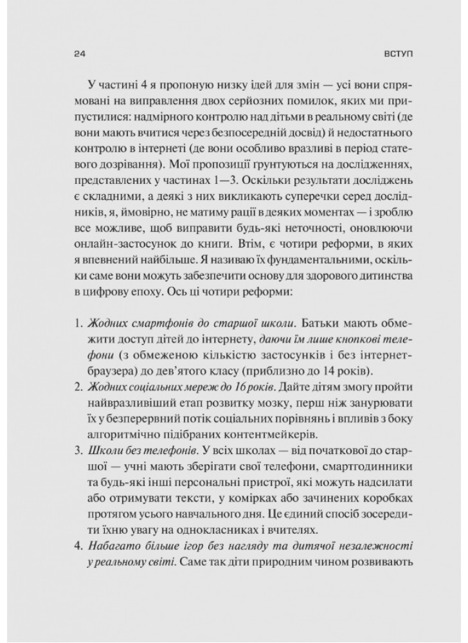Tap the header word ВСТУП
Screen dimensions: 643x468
(x=398, y=55)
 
